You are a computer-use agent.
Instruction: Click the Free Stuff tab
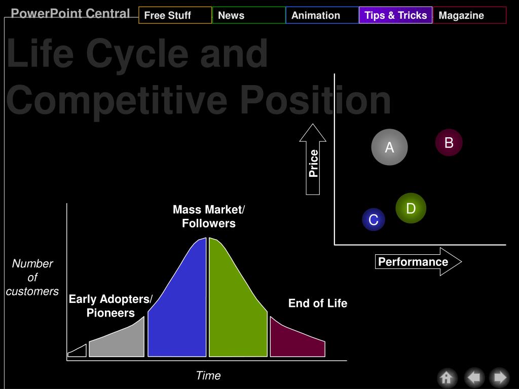tap(175, 15)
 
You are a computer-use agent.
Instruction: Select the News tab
tap(249, 15)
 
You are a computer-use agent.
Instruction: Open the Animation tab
tap(322, 15)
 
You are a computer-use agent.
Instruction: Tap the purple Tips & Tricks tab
tap(395, 15)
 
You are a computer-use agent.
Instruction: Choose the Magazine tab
tap(469, 15)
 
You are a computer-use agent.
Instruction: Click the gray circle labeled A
tap(389, 147)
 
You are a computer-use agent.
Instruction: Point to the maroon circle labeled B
tap(449, 142)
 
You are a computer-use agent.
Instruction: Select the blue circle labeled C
tap(374, 219)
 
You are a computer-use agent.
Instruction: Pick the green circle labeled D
tap(411, 208)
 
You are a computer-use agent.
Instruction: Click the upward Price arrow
tap(313, 160)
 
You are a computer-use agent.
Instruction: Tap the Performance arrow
tap(418, 262)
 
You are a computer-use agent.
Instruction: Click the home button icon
tap(447, 377)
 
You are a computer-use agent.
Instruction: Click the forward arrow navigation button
tap(499, 377)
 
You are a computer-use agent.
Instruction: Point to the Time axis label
tap(208, 375)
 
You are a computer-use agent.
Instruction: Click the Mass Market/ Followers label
tap(208, 216)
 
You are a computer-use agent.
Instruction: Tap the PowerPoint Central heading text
tap(70, 13)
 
